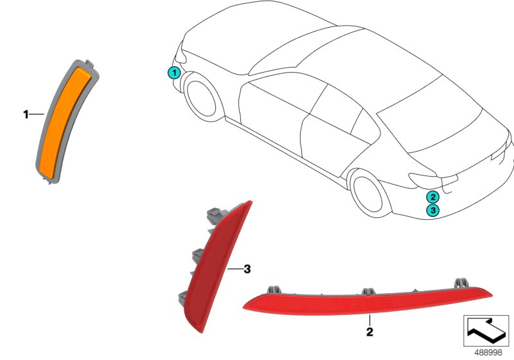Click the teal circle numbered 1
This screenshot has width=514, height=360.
click(174, 73)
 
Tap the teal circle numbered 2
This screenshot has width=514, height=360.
click(432, 197)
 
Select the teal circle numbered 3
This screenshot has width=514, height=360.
click(432, 210)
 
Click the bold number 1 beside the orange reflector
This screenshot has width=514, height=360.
click(26, 114)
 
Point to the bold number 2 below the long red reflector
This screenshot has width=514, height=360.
click(369, 332)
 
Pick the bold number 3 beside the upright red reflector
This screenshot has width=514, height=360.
click(247, 269)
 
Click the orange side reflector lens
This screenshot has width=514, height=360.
click(64, 123)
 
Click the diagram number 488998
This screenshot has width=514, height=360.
click(488, 352)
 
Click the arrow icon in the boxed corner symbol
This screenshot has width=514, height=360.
click(485, 329)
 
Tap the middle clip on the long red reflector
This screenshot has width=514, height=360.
click(369, 291)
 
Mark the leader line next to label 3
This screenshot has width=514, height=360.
click(235, 269)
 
